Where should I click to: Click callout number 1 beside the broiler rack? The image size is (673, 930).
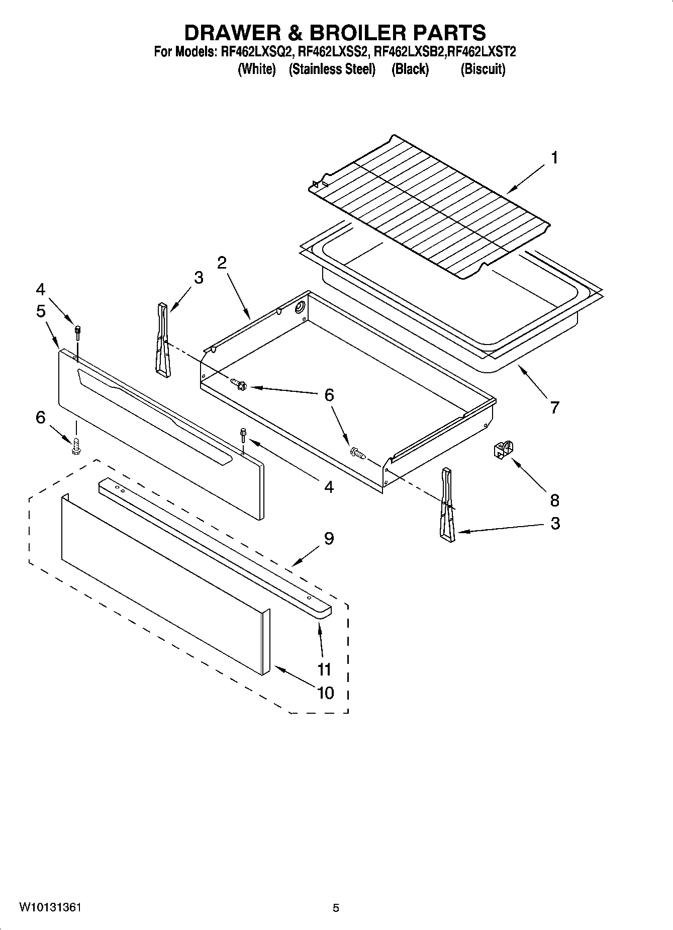click(554, 158)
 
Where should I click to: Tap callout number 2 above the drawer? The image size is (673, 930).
click(222, 262)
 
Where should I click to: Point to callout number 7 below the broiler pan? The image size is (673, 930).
click(554, 407)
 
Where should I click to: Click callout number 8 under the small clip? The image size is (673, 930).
click(554, 500)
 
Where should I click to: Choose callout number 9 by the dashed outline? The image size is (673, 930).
click(329, 539)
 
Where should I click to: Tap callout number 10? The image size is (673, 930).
click(326, 693)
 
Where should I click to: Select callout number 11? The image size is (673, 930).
click(325, 669)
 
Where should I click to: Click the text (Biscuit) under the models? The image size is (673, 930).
click(483, 69)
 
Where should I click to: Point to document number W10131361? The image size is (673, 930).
click(50, 907)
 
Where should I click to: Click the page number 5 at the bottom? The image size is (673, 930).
click(336, 908)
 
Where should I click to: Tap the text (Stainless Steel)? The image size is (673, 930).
click(332, 69)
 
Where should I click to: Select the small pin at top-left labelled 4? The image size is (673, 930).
click(78, 330)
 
